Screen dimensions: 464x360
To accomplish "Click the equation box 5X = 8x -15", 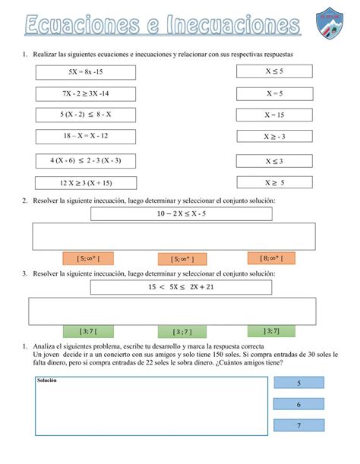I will coord(85,72).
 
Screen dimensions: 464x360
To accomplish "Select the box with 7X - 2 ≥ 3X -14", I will coord(85,93).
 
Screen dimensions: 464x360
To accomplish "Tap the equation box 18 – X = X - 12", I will coord(85,135).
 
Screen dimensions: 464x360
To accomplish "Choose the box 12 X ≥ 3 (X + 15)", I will coord(85,183).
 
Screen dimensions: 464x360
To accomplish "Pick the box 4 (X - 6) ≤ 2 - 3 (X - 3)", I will coord(85,161).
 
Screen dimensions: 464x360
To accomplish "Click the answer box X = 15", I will coord(274,115).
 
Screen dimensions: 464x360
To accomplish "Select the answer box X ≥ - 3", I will coord(274,137).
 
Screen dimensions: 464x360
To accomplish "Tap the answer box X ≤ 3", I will coord(274,161).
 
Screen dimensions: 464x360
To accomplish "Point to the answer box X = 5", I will coord(274,93).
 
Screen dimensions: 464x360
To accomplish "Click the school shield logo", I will coord(332,24).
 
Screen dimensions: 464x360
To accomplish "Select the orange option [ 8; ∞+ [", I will coord(271,258).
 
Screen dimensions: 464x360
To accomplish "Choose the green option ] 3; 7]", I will coord(271,330).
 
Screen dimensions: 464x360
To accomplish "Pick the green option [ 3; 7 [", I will coord(87,331).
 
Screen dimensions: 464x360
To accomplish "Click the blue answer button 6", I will coord(298,405).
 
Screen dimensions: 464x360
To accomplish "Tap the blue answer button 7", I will coord(298,426).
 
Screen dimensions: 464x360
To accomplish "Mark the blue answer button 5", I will coord(298,384).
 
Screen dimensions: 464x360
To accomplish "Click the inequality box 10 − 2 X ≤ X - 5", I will coord(182,213).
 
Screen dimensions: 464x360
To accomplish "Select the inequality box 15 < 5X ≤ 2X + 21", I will coord(182,287).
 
